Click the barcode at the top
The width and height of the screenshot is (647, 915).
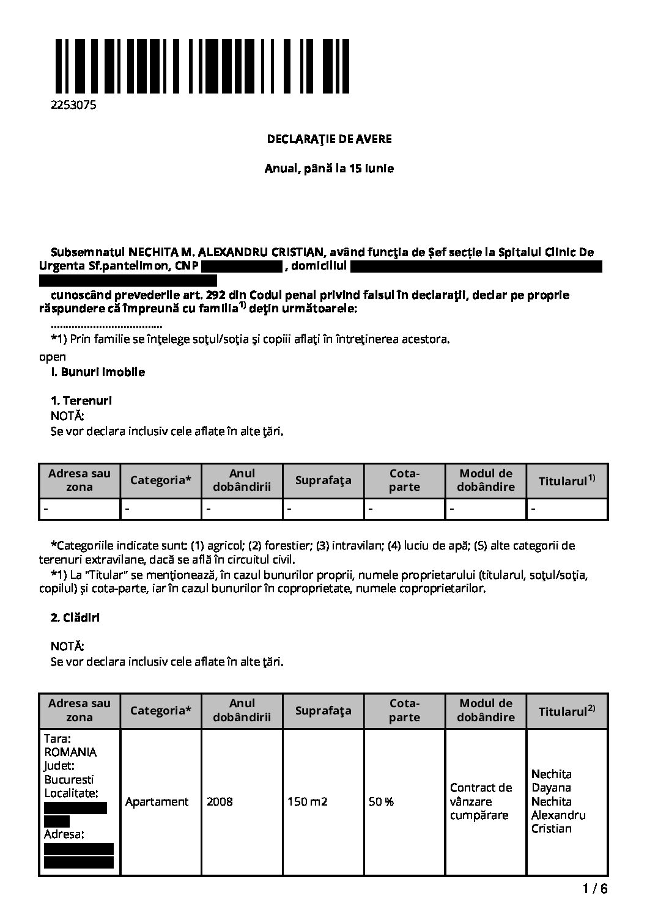(x=201, y=66)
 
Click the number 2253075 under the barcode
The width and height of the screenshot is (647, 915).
(x=73, y=105)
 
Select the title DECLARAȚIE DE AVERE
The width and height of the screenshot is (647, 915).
(x=329, y=139)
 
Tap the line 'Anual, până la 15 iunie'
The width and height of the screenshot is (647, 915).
(x=329, y=168)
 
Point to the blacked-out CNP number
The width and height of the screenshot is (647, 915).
(x=241, y=266)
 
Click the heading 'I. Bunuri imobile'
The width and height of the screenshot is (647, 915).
(x=98, y=372)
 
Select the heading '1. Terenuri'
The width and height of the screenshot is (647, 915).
(x=81, y=401)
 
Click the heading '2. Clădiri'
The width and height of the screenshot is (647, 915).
(x=75, y=617)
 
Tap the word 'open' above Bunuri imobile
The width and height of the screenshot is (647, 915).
(x=52, y=357)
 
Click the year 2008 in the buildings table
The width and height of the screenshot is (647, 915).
(x=220, y=801)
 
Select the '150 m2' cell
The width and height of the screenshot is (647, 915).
(x=307, y=801)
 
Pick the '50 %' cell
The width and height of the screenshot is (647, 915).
(x=381, y=801)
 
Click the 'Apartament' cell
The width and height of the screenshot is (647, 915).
(x=157, y=801)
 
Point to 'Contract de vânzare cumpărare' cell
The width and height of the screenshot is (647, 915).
(x=481, y=801)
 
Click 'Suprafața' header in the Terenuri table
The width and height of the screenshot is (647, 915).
(x=323, y=480)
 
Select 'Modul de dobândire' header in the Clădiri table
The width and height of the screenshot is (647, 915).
(x=486, y=710)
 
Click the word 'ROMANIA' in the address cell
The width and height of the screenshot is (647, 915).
(x=70, y=752)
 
